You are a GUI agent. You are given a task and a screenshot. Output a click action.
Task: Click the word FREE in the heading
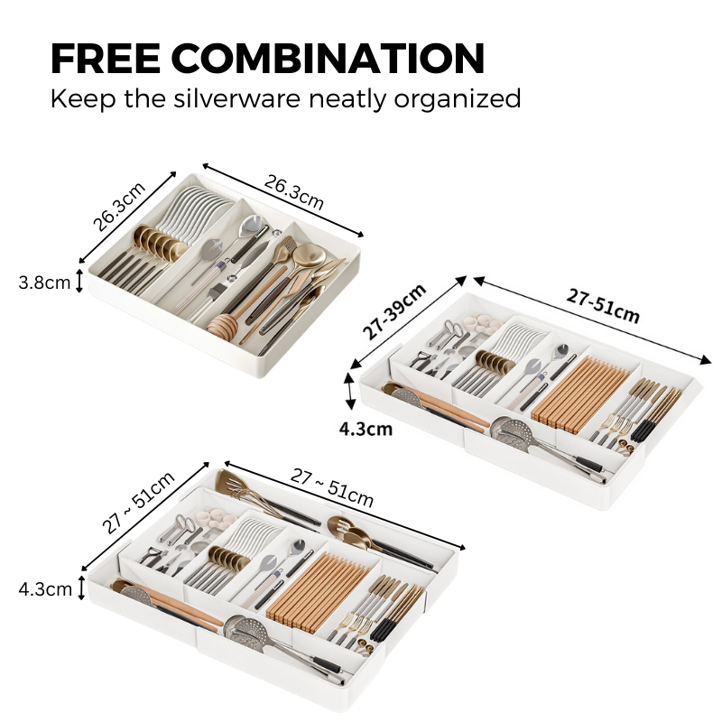[106, 59]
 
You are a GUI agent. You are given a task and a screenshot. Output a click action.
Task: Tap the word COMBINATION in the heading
[328, 59]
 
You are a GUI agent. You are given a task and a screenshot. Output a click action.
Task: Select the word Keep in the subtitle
[83, 99]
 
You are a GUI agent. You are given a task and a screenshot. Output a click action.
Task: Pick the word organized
[458, 99]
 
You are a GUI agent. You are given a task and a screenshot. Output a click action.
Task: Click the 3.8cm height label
[44, 282]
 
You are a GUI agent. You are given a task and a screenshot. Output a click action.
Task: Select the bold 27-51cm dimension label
[603, 306]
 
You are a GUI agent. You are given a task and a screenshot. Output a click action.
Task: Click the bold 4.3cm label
[366, 430]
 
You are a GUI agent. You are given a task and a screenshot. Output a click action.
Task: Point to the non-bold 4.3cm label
[45, 589]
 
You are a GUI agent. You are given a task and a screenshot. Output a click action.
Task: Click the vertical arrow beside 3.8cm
[79, 281]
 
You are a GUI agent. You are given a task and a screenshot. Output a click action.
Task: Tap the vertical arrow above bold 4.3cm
[350, 391]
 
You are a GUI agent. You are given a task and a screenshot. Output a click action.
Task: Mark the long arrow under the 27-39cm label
[409, 323]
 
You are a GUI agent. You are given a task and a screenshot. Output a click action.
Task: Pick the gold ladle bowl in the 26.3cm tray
[310, 255]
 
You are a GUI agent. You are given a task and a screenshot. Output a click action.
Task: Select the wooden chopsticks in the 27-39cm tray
[580, 393]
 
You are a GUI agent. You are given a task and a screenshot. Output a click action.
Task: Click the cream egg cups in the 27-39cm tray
[484, 323]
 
